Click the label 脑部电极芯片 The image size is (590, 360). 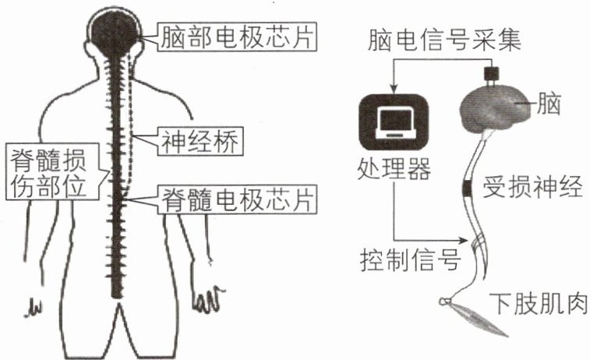237,37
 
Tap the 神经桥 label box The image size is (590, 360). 200,141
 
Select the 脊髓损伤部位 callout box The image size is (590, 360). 52,171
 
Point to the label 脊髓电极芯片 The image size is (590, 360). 237,199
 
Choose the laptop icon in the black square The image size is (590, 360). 394,122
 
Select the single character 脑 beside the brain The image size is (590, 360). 549,104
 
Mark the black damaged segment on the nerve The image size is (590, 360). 468,189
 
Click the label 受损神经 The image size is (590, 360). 532,186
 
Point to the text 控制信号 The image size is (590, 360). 410,259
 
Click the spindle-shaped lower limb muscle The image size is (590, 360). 477,316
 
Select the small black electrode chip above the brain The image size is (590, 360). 492,72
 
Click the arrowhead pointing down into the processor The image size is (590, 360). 394,89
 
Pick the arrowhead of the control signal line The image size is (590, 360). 463,240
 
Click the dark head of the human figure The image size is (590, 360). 114,33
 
